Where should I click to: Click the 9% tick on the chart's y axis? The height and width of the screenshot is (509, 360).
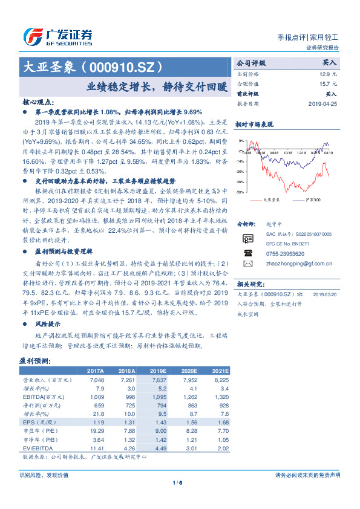(x=241, y=141)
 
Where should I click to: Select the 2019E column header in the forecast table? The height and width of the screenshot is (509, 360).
(x=158, y=371)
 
